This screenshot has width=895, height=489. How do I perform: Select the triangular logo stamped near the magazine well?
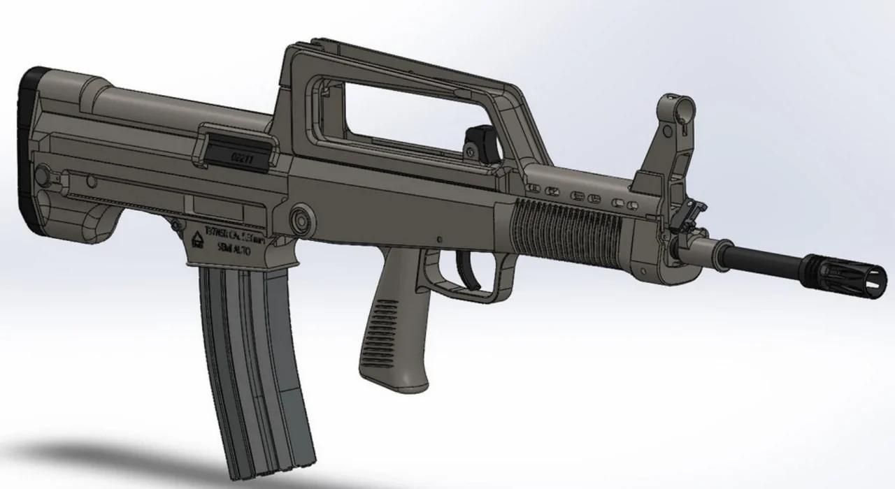pyautogui.click(x=197, y=240)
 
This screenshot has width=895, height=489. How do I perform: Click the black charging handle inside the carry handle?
pyautogui.click(x=480, y=139)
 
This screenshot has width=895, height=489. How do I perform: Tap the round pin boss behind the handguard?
pyautogui.click(x=302, y=217)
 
